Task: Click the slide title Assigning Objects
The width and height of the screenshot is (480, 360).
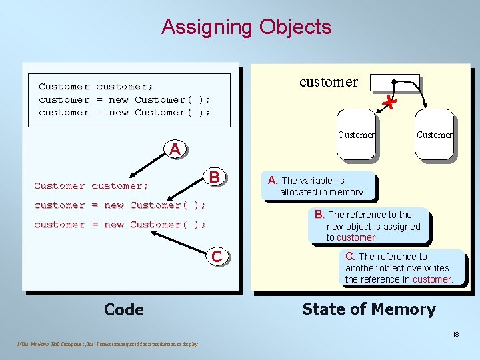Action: [x=246, y=27]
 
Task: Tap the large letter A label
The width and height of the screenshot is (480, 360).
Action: [x=175, y=149]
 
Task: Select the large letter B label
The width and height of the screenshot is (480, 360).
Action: [x=215, y=177]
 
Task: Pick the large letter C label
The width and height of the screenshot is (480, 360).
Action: [x=217, y=256]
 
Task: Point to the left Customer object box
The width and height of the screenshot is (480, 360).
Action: [x=356, y=137]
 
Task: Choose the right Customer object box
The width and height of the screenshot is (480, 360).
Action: [x=434, y=137]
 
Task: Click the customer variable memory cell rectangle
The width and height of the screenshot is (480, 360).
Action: [x=395, y=82]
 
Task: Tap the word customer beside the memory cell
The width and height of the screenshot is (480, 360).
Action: [x=328, y=82]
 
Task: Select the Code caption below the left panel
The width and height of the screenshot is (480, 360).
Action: [x=124, y=309]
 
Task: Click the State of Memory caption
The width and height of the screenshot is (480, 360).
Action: [x=369, y=309]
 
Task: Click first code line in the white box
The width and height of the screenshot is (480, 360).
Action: [x=96, y=86]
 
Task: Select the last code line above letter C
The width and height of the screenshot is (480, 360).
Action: [x=120, y=225]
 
